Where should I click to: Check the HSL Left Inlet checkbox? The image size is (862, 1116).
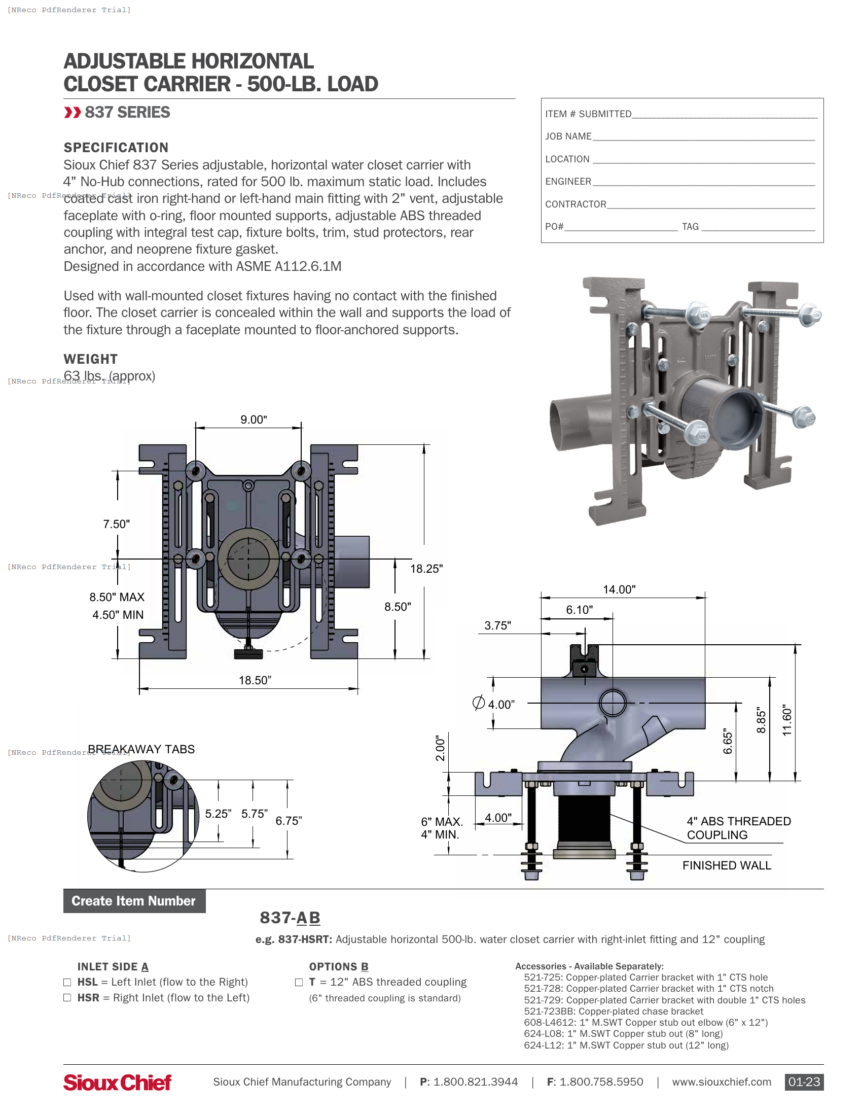coord(67,982)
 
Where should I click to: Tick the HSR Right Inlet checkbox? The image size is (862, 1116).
coord(67,998)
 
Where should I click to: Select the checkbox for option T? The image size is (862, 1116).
coord(299,982)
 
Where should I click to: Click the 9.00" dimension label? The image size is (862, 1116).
coord(254,420)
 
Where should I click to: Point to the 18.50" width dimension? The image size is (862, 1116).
coord(255,680)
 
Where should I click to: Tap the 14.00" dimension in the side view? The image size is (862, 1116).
coord(619,589)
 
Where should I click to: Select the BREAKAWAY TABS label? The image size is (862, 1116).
coord(141,749)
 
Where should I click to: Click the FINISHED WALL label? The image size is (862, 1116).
coord(726,865)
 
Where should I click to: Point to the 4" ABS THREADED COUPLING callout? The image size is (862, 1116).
coord(738,828)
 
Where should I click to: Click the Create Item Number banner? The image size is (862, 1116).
coord(134,901)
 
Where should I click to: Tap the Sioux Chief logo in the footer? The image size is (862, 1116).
coord(117,1083)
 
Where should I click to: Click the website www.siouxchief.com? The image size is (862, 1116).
coord(721,1082)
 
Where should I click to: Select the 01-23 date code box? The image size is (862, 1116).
coord(804,1082)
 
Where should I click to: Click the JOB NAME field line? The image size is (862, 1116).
coord(703,137)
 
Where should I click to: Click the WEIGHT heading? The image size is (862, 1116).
coord(90,359)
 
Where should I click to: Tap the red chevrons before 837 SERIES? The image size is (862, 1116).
coord(73,113)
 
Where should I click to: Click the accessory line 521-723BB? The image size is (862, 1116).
coord(613,1011)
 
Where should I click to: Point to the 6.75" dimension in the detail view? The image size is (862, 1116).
coord(289,821)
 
